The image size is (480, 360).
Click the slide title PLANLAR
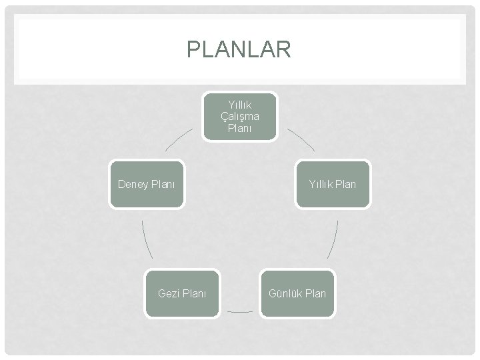coord(239,49)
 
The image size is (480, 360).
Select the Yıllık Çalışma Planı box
coord(239,116)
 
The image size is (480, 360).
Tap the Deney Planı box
coord(146,184)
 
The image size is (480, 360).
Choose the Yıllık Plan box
coord(332,184)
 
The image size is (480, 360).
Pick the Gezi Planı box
coord(182,293)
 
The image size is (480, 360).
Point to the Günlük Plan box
coord(297,293)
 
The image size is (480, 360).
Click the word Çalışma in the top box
coord(239,117)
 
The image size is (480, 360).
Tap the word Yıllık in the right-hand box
coord(321,184)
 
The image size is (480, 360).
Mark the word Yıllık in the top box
coord(239,105)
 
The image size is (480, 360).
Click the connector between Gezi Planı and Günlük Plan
coord(239,311)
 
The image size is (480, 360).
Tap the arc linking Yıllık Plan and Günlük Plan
coord(333,239)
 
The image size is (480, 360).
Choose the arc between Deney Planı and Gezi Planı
coord(147,239)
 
